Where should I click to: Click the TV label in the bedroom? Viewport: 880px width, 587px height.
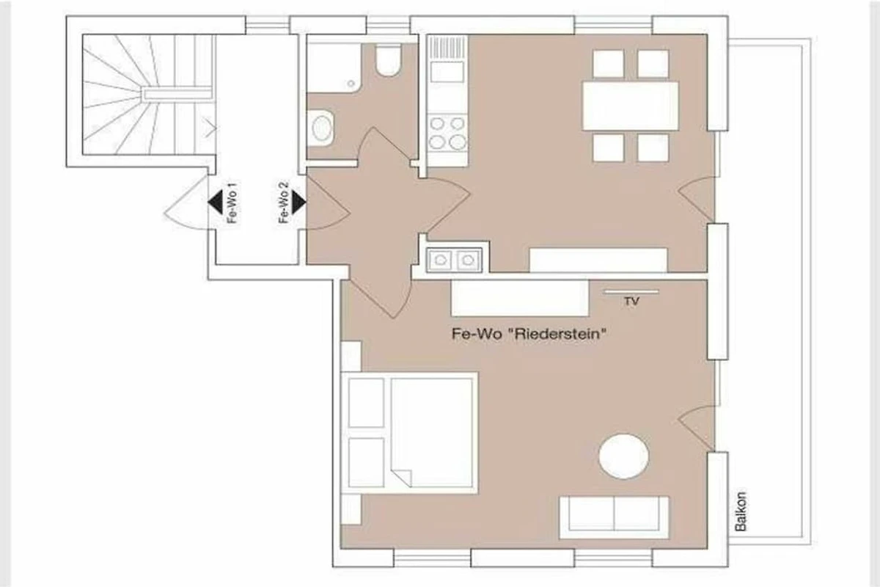click(631, 301)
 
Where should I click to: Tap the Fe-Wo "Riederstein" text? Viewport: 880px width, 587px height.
click(529, 334)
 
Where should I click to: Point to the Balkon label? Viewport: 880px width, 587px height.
click(741, 512)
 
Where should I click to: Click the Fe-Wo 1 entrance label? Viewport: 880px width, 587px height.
click(232, 203)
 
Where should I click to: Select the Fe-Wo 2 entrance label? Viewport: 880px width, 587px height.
click(284, 203)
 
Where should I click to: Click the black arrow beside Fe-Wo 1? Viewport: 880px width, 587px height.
click(216, 202)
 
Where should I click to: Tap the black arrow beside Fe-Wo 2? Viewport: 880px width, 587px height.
click(298, 202)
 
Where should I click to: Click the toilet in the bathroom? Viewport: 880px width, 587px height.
click(388, 59)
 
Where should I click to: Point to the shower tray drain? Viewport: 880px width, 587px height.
click(351, 84)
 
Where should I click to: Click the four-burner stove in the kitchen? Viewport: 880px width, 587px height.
click(447, 134)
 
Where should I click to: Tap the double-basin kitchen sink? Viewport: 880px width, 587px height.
click(454, 260)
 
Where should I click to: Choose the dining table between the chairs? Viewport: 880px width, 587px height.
click(631, 106)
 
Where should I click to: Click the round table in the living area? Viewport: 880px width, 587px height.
click(624, 456)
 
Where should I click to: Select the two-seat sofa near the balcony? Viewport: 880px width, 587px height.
click(614, 517)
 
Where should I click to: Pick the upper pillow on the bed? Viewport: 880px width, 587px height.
click(366, 403)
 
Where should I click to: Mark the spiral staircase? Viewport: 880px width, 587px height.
click(148, 95)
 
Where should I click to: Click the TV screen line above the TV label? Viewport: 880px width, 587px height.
click(631, 292)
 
